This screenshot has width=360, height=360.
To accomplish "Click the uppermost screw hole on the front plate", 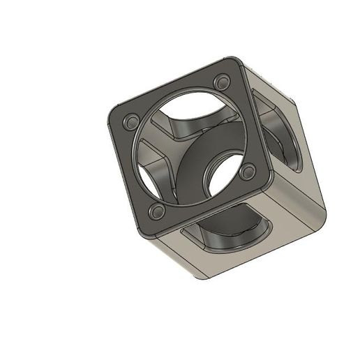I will pyautogui.click(x=222, y=79).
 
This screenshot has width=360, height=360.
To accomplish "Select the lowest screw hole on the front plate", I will pyautogui.click(x=157, y=210).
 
